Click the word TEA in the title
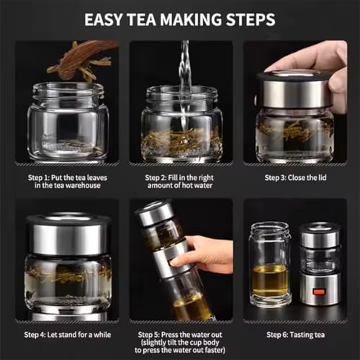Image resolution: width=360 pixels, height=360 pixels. (x=142, y=19)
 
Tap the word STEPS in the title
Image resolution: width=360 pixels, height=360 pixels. (x=251, y=19)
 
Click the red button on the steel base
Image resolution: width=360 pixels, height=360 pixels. (x=319, y=292)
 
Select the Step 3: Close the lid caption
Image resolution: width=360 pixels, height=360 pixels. (x=295, y=178)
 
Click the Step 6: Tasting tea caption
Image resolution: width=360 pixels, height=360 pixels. (x=295, y=335)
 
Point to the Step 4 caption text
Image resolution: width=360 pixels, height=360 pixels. (x=68, y=335)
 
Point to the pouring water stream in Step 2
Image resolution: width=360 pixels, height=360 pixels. (x=185, y=84)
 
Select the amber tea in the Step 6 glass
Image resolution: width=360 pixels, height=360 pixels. (x=270, y=280)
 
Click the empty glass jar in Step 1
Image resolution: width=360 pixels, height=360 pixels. (x=68, y=121)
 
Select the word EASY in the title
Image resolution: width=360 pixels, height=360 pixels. (x=103, y=19)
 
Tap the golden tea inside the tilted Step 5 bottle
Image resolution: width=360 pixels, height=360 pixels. (x=192, y=308)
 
